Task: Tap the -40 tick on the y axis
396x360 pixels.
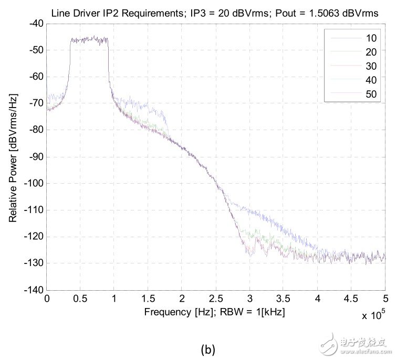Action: [x=35, y=23]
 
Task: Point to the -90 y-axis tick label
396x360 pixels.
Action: [x=35, y=156]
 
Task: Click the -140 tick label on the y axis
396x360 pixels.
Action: [x=33, y=290]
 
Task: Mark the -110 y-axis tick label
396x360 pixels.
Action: [x=33, y=210]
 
